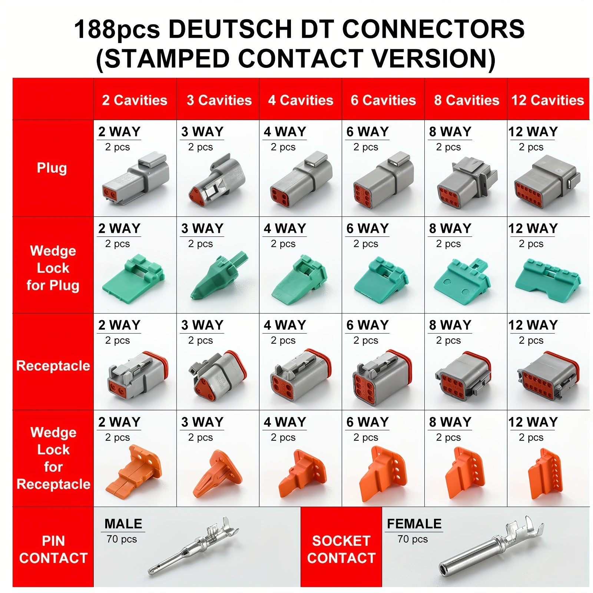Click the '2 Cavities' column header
[x=135, y=100]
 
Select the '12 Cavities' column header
[x=548, y=100]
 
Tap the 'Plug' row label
[x=52, y=168]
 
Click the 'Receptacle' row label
[x=53, y=365]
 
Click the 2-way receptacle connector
[x=138, y=375]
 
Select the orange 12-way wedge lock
[x=546, y=474]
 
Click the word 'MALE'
[x=123, y=524]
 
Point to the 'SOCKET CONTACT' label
[x=341, y=549]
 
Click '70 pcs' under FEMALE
[x=413, y=539]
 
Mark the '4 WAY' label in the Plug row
[x=285, y=132]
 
